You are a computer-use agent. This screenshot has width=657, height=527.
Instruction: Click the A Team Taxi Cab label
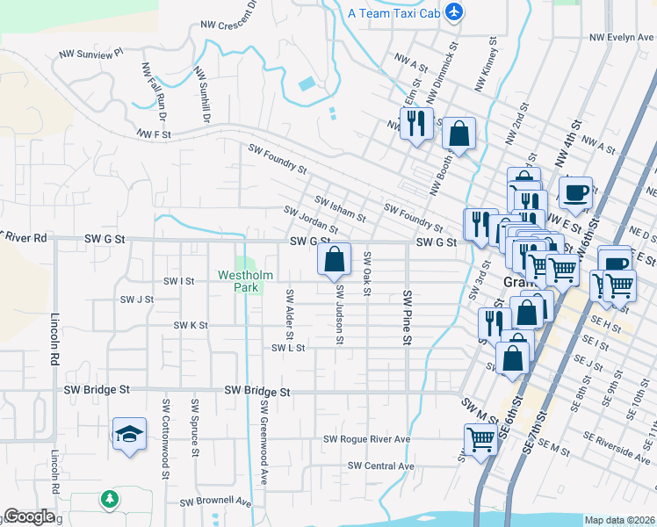pyautogui.click(x=394, y=12)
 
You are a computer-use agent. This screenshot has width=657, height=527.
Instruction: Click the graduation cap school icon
pyautogui.click(x=129, y=434)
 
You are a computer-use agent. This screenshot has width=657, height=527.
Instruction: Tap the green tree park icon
pyautogui.click(x=110, y=499)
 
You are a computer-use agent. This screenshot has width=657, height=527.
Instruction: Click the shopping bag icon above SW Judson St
pyautogui.click(x=334, y=260)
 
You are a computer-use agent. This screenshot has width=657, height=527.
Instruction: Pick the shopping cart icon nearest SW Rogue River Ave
pyautogui.click(x=480, y=438)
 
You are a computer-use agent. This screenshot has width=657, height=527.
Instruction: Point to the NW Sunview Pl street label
pyautogui.click(x=92, y=54)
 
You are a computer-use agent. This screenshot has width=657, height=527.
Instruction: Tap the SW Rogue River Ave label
pyautogui.click(x=367, y=439)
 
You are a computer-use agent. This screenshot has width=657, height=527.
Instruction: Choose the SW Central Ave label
pyautogui.click(x=380, y=466)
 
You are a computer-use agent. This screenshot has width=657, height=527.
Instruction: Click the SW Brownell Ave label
pyautogui.click(x=215, y=502)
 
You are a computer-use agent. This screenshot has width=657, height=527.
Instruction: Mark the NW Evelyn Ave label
pyautogui.click(x=622, y=38)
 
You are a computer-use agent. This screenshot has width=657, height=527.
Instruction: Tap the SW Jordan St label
pyautogui.click(x=310, y=214)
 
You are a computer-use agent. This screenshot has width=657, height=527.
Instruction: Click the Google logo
pyautogui.click(x=29, y=516)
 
